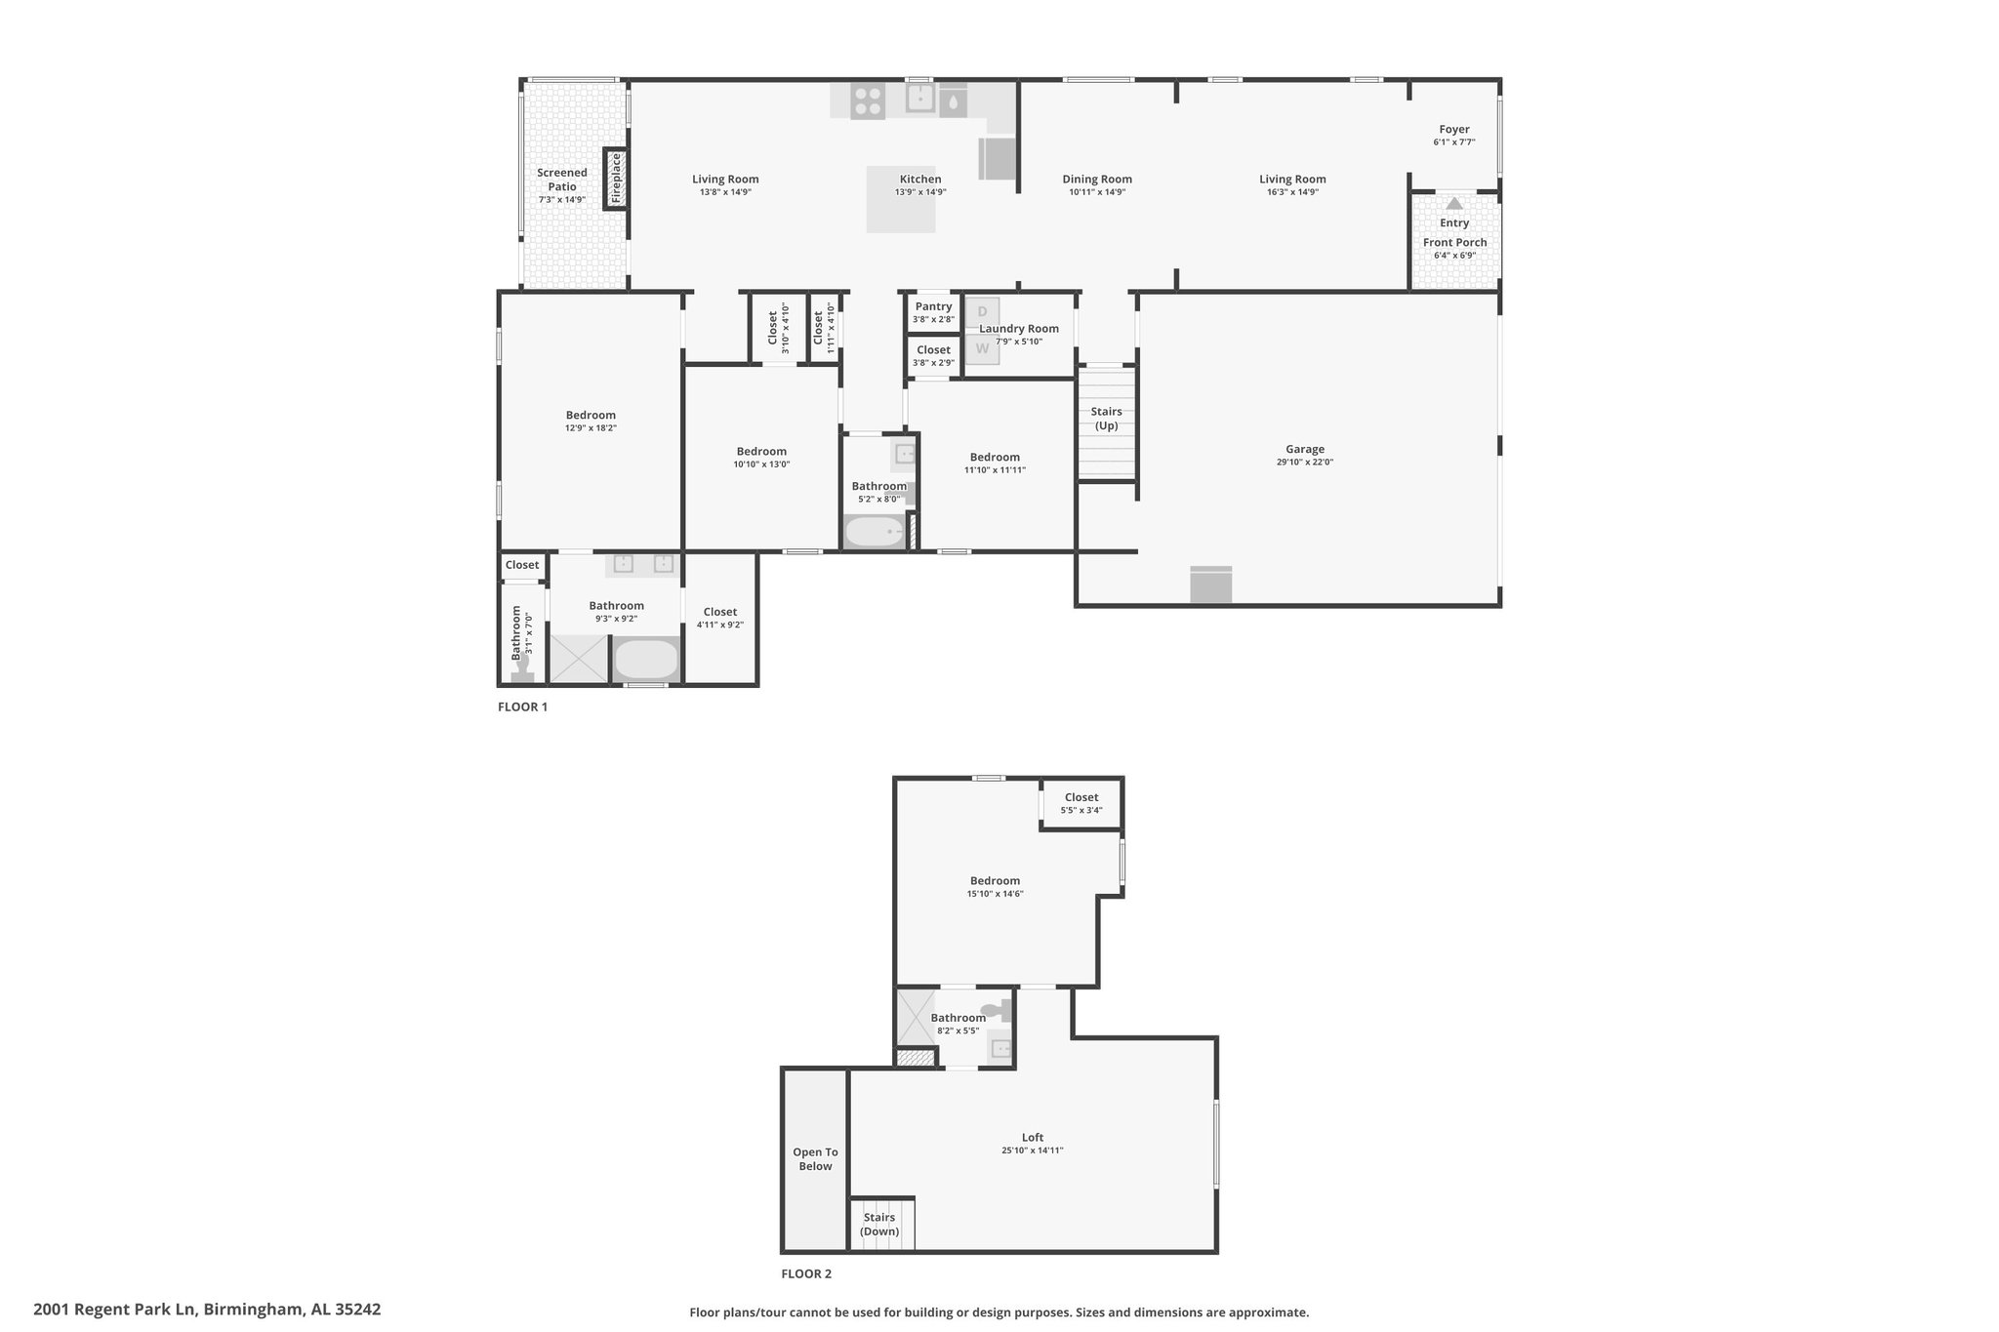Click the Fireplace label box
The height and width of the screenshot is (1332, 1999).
click(615, 178)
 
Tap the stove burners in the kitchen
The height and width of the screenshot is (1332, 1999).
click(868, 101)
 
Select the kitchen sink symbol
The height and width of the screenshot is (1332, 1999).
click(920, 100)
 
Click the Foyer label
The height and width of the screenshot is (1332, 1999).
click(1453, 129)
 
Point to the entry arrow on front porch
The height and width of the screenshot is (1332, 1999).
click(1454, 203)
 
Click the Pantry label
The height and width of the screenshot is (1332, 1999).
click(933, 306)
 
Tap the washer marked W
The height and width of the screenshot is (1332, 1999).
click(982, 347)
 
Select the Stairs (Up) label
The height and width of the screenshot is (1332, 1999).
click(1106, 419)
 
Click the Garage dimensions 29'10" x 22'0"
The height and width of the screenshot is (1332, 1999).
click(1304, 463)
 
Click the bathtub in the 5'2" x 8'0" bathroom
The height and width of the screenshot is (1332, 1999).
click(874, 533)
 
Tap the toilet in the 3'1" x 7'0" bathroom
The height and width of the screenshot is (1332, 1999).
click(522, 668)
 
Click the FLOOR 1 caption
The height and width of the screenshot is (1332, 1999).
click(522, 706)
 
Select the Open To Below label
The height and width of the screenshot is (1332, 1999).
click(815, 1159)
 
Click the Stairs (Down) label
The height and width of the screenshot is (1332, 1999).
click(879, 1225)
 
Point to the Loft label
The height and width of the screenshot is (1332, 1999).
click(1033, 1137)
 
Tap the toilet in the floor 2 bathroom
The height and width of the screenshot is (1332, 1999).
click(998, 1011)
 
